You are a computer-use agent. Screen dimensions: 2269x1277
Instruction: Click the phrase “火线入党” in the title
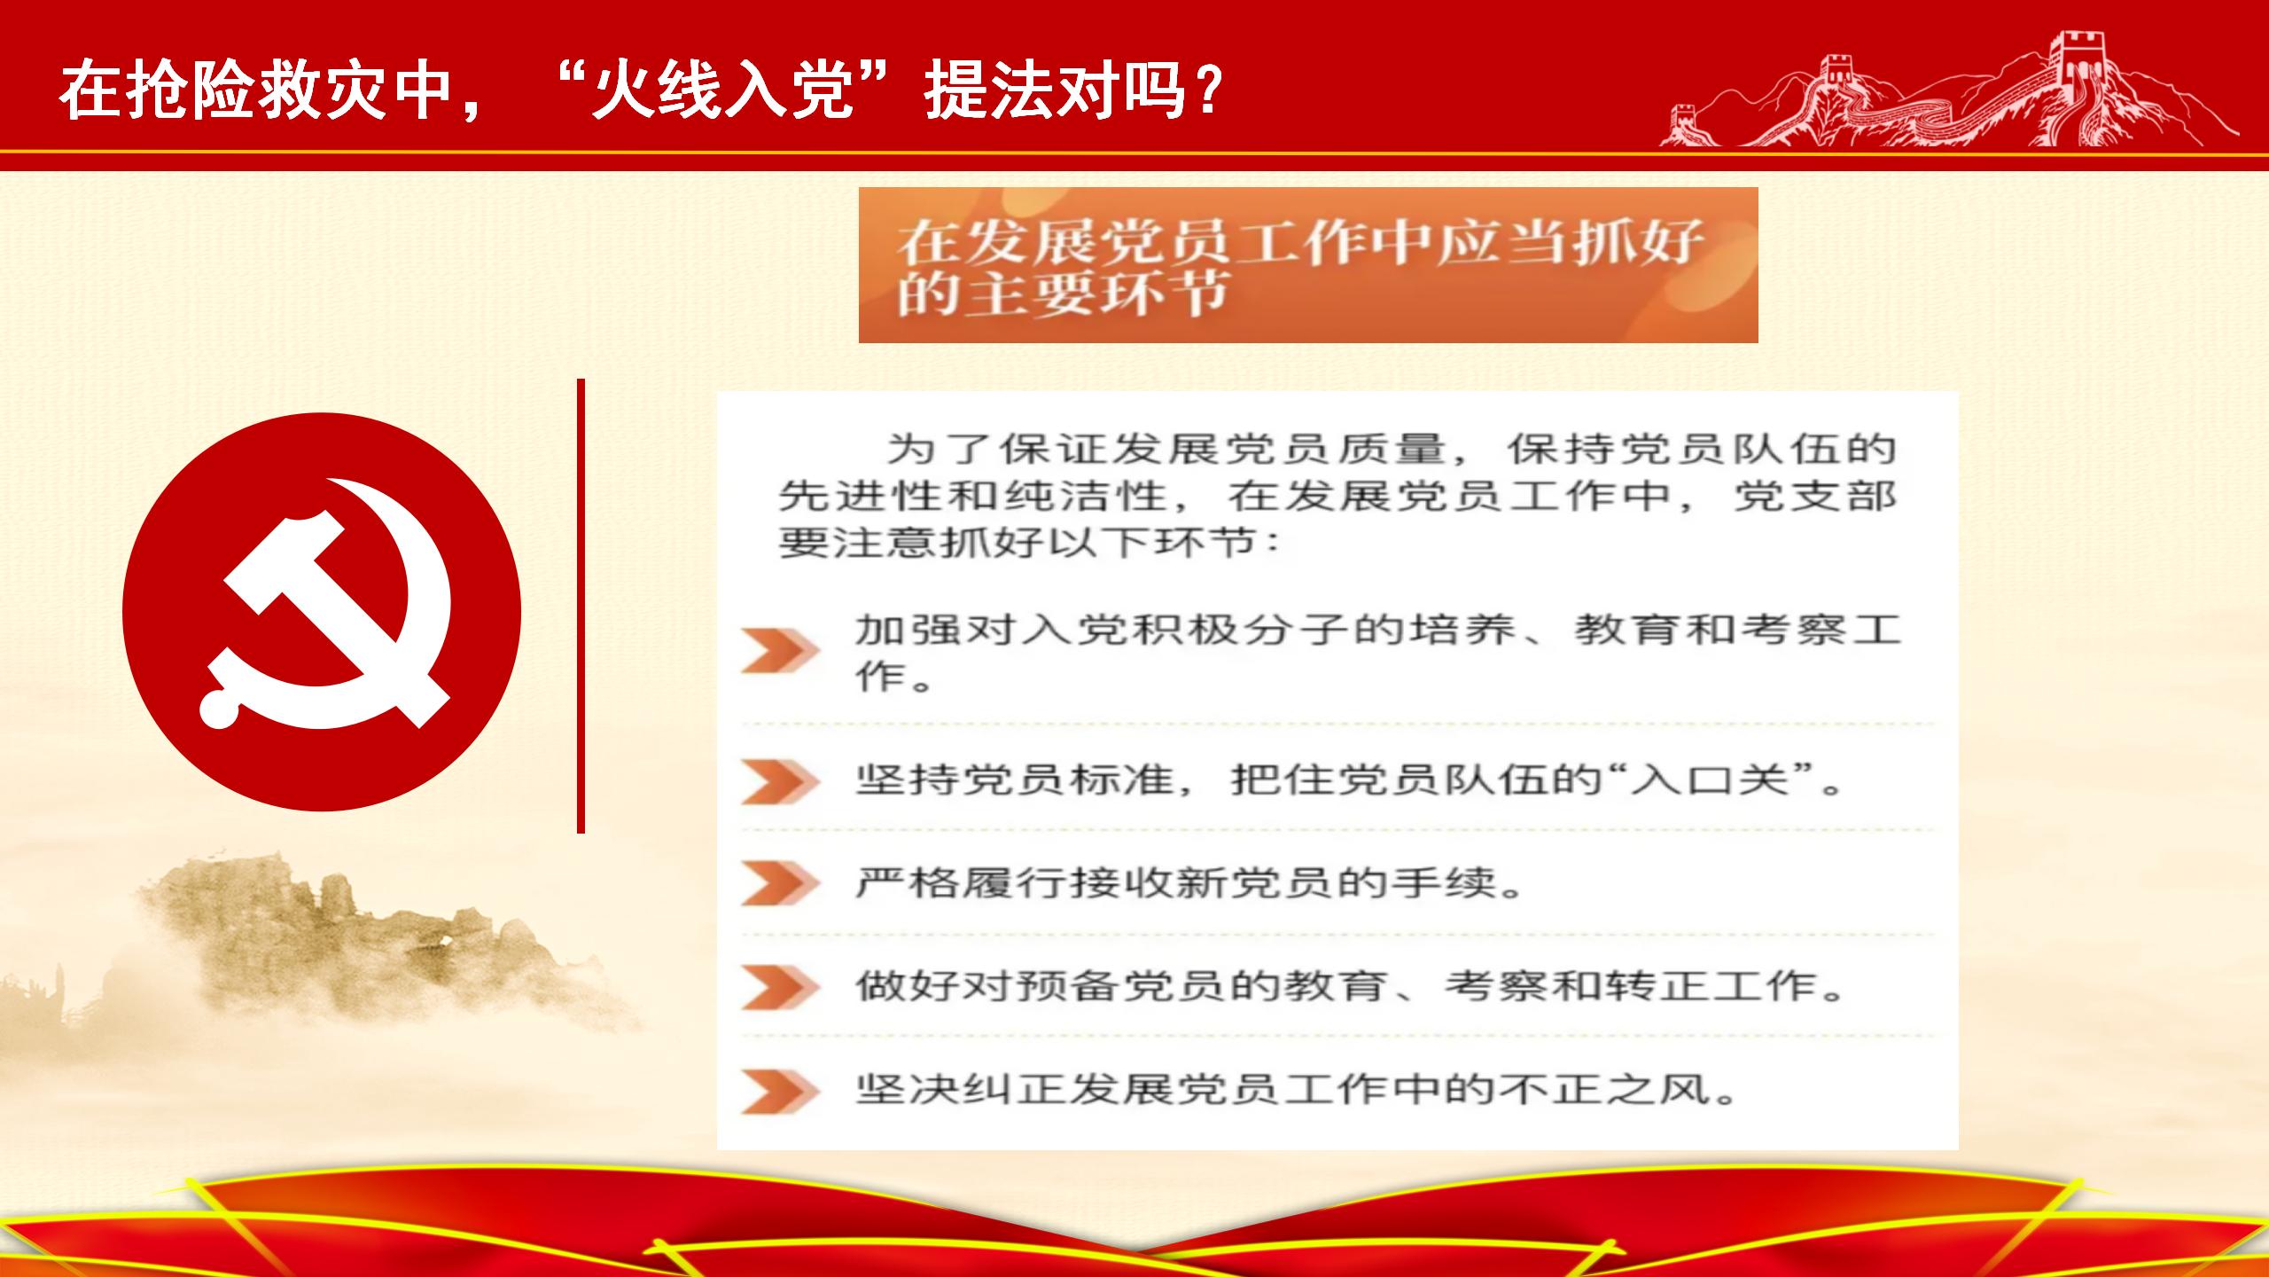pos(723,90)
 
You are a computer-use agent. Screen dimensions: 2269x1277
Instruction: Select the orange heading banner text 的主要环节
pos(1062,292)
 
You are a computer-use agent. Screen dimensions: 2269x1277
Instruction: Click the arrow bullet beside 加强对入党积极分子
pos(780,652)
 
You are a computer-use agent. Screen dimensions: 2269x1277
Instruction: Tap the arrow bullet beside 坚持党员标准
pos(780,781)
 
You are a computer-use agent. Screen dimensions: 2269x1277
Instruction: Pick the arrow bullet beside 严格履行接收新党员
pos(780,883)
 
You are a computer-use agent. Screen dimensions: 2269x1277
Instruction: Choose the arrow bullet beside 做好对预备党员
pos(780,987)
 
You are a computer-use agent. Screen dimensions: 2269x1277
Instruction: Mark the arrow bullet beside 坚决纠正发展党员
pos(780,1091)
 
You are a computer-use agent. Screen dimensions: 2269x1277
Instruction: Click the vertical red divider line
pos(581,606)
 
